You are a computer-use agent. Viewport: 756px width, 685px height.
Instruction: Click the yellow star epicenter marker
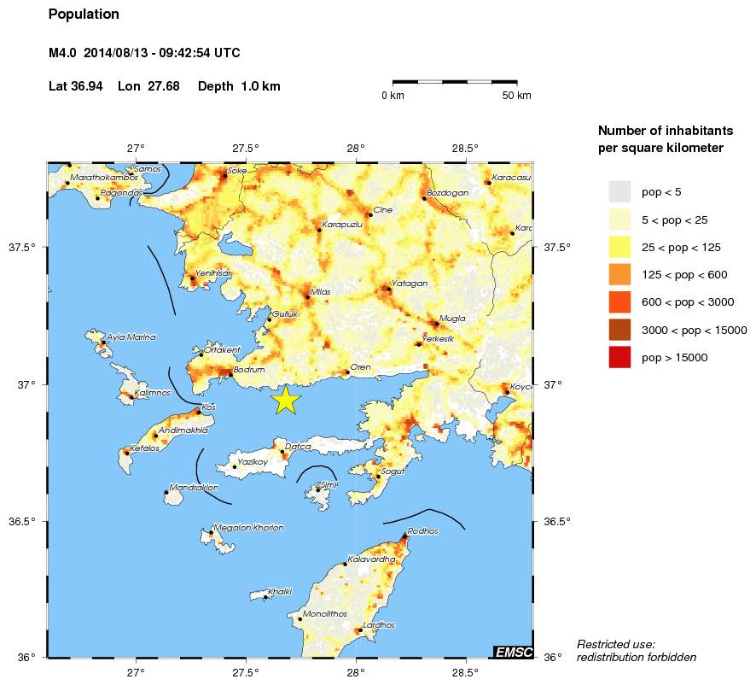point(286,400)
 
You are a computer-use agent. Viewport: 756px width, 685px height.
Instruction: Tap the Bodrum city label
point(251,370)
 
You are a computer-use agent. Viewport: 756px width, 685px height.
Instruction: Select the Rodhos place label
point(422,531)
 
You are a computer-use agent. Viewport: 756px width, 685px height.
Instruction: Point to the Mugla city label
point(452,318)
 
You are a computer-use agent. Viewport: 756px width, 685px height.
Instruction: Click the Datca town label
point(298,446)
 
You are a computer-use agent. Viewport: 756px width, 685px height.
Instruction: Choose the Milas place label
point(320,291)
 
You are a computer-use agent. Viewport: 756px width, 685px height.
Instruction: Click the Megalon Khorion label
point(247,528)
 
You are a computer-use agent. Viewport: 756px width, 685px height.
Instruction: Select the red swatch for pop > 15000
point(619,358)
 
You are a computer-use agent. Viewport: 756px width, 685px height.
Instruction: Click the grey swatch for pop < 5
point(619,191)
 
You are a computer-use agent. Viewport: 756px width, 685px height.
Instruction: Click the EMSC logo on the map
point(514,652)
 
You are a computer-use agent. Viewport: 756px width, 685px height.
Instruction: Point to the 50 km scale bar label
point(517,96)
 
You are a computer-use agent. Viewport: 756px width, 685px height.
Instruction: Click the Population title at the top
point(84,15)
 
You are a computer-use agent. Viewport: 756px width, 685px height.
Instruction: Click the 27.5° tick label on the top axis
point(246,147)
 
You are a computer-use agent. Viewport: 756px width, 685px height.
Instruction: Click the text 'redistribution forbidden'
point(636,657)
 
